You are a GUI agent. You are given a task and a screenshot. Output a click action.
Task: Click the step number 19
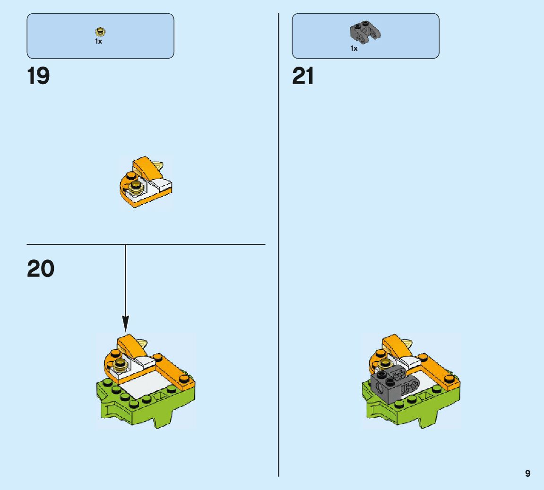pyautogui.click(x=38, y=76)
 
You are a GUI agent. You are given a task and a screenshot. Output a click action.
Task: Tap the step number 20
pyautogui.click(x=41, y=269)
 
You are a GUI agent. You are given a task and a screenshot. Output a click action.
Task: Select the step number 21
pyautogui.click(x=303, y=76)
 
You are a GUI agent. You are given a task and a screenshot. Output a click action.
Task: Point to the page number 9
pyautogui.click(x=527, y=473)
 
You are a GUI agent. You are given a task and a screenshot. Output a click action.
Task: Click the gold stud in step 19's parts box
pyautogui.click(x=100, y=32)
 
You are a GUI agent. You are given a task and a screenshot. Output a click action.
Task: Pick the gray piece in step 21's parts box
pyautogui.click(x=365, y=32)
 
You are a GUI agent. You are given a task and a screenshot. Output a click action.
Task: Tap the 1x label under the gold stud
pyautogui.click(x=99, y=42)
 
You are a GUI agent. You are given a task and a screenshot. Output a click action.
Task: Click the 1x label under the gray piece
pyautogui.click(x=354, y=48)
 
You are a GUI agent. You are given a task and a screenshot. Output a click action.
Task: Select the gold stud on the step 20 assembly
pyautogui.click(x=120, y=362)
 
